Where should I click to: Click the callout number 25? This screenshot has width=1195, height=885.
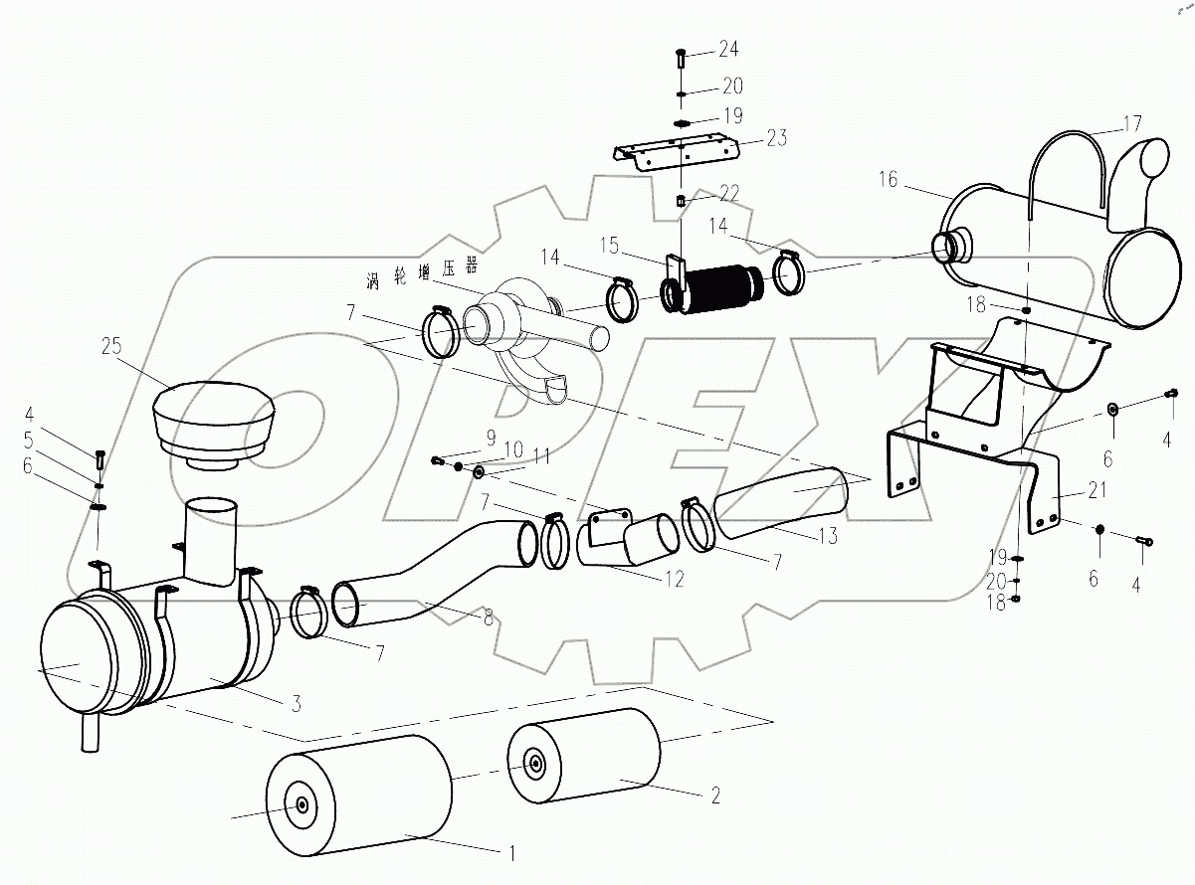pos(112,347)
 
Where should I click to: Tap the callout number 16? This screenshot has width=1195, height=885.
pos(888,180)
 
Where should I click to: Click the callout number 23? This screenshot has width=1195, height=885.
pos(776,139)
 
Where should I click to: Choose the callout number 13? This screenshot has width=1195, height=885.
pos(825,537)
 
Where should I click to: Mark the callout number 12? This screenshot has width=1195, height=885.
pos(676,579)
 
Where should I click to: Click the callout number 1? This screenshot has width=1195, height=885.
pos(511,853)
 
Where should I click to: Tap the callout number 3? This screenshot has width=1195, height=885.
pos(295,704)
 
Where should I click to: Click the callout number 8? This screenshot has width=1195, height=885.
pos(488,618)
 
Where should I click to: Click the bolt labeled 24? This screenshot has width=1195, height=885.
pos(680,57)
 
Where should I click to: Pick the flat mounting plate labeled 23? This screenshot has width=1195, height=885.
pos(677,153)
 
